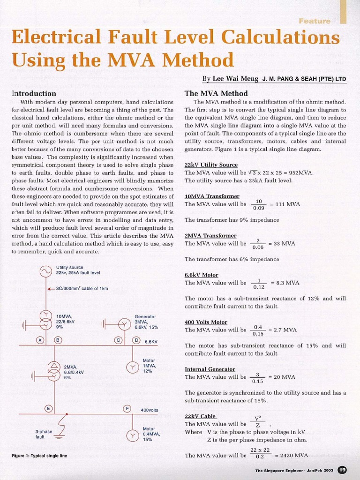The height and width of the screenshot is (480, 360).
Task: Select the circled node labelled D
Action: click(136, 340)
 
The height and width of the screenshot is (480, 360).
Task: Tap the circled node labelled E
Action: click(48, 408)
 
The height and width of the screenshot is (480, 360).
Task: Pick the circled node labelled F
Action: click(127, 408)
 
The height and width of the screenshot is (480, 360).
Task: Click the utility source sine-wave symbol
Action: click(46, 271)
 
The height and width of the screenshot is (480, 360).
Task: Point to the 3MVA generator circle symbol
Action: click(124, 323)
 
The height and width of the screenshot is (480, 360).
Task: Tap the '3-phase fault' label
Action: click(43, 434)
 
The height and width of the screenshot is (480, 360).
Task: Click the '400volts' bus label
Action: click(150, 410)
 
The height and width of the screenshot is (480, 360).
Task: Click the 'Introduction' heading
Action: click(34, 93)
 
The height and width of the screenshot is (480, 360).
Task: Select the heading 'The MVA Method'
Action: click(216, 93)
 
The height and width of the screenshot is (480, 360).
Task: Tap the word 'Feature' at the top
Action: click(314, 21)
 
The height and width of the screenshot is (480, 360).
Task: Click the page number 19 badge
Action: click(342, 470)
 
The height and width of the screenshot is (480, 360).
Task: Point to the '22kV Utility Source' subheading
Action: click(211, 165)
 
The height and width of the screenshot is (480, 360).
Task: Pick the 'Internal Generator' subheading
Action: click(210, 369)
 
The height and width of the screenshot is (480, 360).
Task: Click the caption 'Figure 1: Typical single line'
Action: click(39, 456)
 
